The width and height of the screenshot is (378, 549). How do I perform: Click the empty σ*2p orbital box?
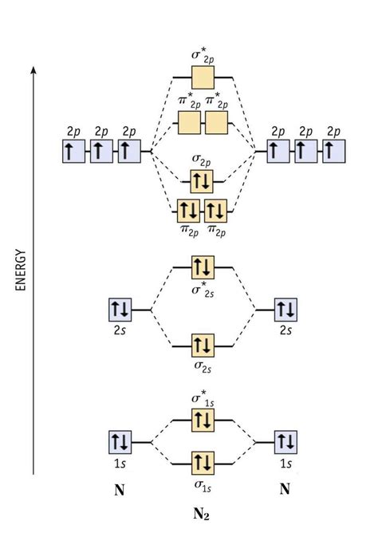tap(203, 78)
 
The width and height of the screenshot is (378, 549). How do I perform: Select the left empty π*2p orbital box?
tap(189, 123)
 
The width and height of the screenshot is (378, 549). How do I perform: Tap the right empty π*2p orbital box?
tap(216, 123)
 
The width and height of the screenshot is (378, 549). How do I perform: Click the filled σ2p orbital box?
tap(203, 180)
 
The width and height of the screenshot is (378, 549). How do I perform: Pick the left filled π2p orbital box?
tap(189, 211)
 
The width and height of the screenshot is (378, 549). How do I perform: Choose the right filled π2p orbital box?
tap(216, 211)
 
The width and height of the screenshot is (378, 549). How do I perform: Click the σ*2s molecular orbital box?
tap(203, 267)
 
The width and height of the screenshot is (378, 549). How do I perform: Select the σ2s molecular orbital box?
tap(203, 346)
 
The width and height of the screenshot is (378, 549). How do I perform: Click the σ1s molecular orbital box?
tap(203, 461)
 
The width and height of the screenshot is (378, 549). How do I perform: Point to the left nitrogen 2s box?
tap(120, 308)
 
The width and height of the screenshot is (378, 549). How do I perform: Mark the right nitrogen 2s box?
tap(285, 308)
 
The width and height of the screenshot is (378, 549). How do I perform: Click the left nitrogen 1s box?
tap(120, 440)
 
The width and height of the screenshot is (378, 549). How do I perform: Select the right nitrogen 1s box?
tap(285, 440)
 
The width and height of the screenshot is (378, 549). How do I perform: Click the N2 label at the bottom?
tap(202, 514)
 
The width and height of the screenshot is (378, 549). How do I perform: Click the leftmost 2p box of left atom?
tap(73, 151)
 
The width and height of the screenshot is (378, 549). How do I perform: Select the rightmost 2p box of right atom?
tap(334, 151)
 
